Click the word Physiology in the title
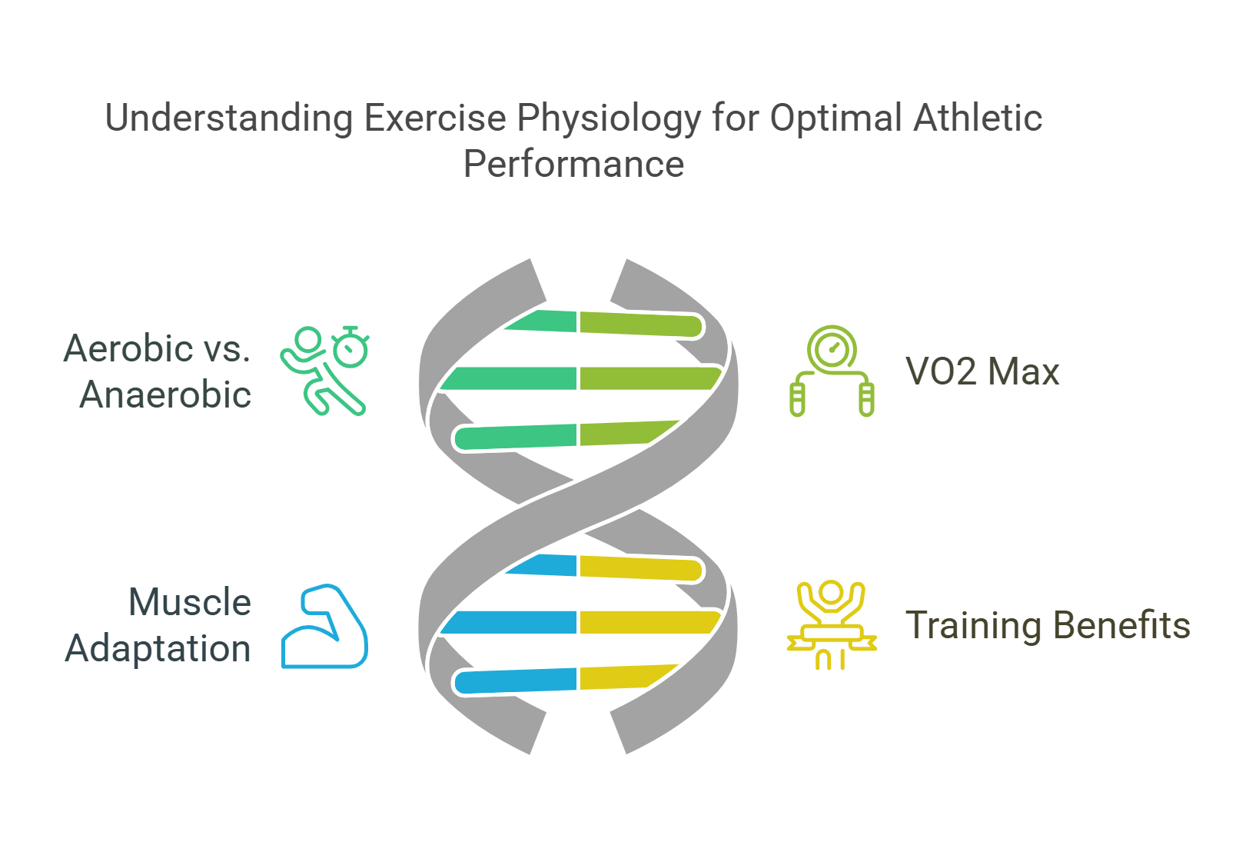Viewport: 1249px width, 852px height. click(608, 119)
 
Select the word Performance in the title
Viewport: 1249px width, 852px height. click(573, 165)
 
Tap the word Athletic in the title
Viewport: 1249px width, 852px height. click(978, 119)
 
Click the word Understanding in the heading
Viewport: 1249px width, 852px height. click(228, 119)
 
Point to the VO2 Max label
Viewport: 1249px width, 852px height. click(982, 372)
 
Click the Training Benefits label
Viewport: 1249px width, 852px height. click(1047, 625)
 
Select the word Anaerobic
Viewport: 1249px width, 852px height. click(165, 395)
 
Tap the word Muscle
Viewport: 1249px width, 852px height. click(189, 602)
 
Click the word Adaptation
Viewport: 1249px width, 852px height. click(158, 649)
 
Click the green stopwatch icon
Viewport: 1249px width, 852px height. click(350, 347)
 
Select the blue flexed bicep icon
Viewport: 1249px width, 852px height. click(324, 626)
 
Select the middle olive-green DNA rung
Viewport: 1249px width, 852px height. click(649, 378)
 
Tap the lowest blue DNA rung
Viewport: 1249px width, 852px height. click(515, 681)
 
